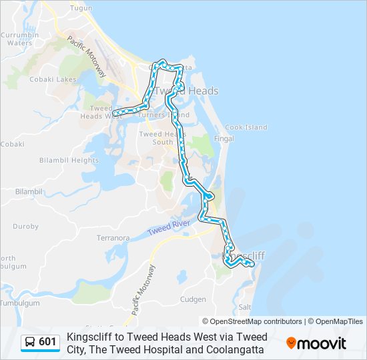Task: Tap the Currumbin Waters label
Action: (x=19, y=38)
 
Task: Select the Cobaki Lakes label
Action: (x=49, y=79)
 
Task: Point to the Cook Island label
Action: (x=246, y=127)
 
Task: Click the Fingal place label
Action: (x=221, y=139)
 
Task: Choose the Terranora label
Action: (x=113, y=237)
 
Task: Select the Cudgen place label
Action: (x=193, y=299)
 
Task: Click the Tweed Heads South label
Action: (x=156, y=138)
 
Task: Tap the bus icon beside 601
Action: (x=30, y=343)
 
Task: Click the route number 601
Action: (x=47, y=343)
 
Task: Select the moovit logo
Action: (x=316, y=343)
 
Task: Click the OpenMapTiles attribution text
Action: (x=336, y=321)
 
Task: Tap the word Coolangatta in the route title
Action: (x=231, y=349)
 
